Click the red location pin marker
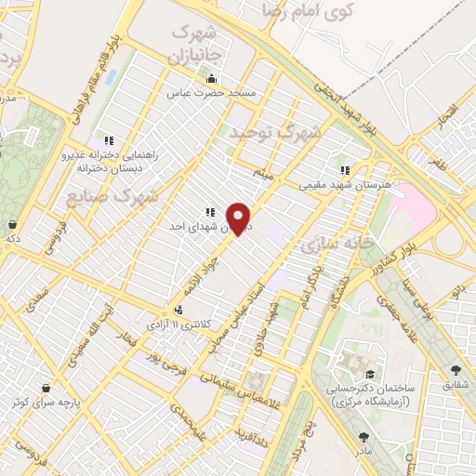coord(240,218)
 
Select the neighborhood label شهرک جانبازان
coord(197,43)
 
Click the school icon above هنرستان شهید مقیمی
coord(345,170)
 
